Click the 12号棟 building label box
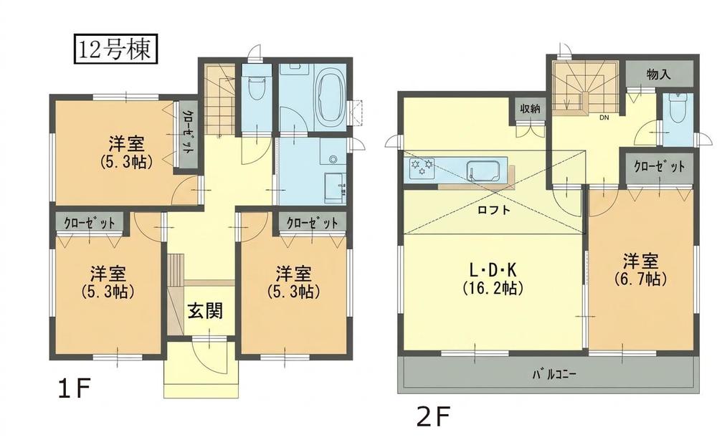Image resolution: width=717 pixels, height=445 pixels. click(x=115, y=49)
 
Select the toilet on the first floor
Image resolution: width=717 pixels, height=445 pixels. click(x=256, y=89)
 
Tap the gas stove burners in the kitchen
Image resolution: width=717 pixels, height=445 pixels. click(x=422, y=167)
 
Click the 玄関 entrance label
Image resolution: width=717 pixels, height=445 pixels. click(x=205, y=311)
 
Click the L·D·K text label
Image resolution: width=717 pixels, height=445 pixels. click(x=493, y=270)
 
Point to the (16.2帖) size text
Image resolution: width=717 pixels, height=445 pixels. click(x=493, y=288)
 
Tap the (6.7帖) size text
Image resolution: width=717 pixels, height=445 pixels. click(x=640, y=278)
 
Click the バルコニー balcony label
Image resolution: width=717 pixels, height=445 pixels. click(x=554, y=375)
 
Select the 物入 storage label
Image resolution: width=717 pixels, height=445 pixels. click(x=658, y=75)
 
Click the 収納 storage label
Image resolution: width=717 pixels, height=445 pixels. click(x=530, y=108)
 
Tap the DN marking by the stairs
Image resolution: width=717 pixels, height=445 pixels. click(x=604, y=118)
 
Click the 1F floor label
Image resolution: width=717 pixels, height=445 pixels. click(x=72, y=389)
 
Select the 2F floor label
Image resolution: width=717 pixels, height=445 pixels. click(x=434, y=416)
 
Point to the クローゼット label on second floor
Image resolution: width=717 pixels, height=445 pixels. click(x=660, y=167)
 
